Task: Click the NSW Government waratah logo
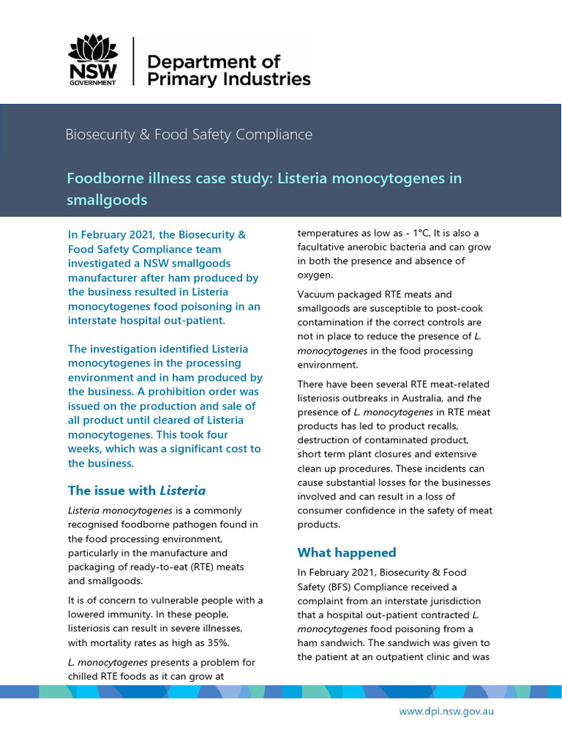tap(92, 61)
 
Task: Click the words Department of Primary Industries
tap(228, 70)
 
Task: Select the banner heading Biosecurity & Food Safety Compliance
tap(189, 135)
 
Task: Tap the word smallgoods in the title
tap(107, 199)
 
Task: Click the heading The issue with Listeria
tap(136, 491)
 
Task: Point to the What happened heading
tap(346, 552)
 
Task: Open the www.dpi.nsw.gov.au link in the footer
tap(446, 711)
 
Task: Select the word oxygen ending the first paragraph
tap(315, 275)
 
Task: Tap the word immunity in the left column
tap(127, 615)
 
